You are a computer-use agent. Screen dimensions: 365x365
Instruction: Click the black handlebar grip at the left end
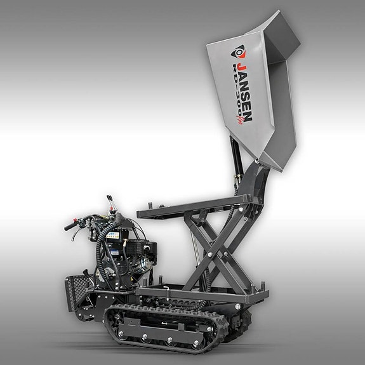70,226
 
